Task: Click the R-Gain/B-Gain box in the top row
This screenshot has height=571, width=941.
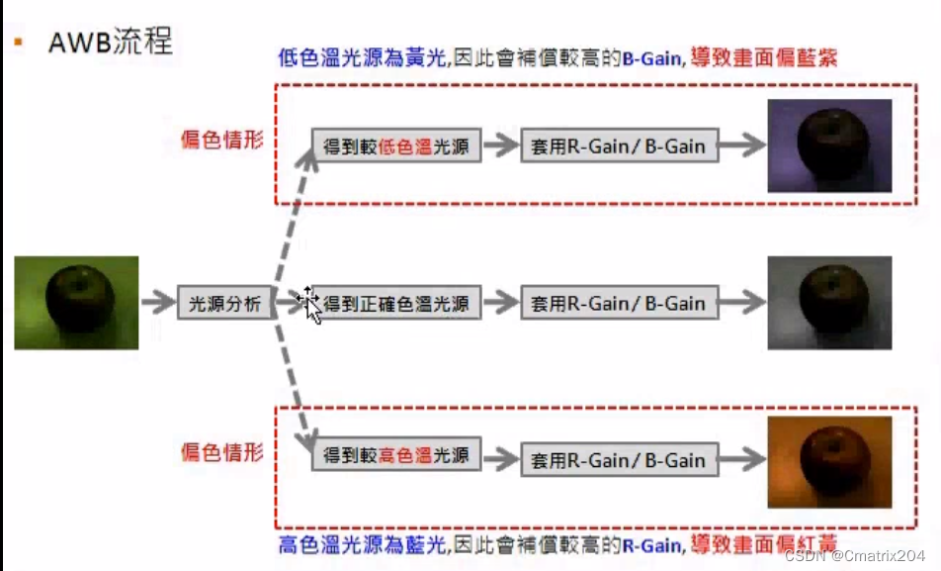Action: (x=618, y=146)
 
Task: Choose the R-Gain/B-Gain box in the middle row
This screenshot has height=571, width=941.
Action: (x=618, y=302)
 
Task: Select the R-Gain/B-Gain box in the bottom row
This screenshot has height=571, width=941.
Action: (x=618, y=459)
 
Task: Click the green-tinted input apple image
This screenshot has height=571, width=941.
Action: (x=76, y=303)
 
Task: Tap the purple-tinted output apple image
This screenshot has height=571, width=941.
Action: (x=829, y=144)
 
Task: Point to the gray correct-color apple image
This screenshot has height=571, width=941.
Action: (x=829, y=302)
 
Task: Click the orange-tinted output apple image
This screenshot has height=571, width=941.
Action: (x=829, y=461)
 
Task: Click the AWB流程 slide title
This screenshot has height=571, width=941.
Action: (x=110, y=42)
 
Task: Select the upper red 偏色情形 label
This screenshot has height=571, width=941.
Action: (x=222, y=140)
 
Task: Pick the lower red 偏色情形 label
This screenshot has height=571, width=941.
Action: (x=222, y=452)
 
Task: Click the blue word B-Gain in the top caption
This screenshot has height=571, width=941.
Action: (x=650, y=58)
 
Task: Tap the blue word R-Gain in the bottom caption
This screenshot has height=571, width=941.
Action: (x=650, y=545)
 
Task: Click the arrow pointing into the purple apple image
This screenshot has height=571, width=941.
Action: (x=741, y=146)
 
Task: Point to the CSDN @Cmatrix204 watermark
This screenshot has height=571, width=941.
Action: (x=854, y=556)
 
